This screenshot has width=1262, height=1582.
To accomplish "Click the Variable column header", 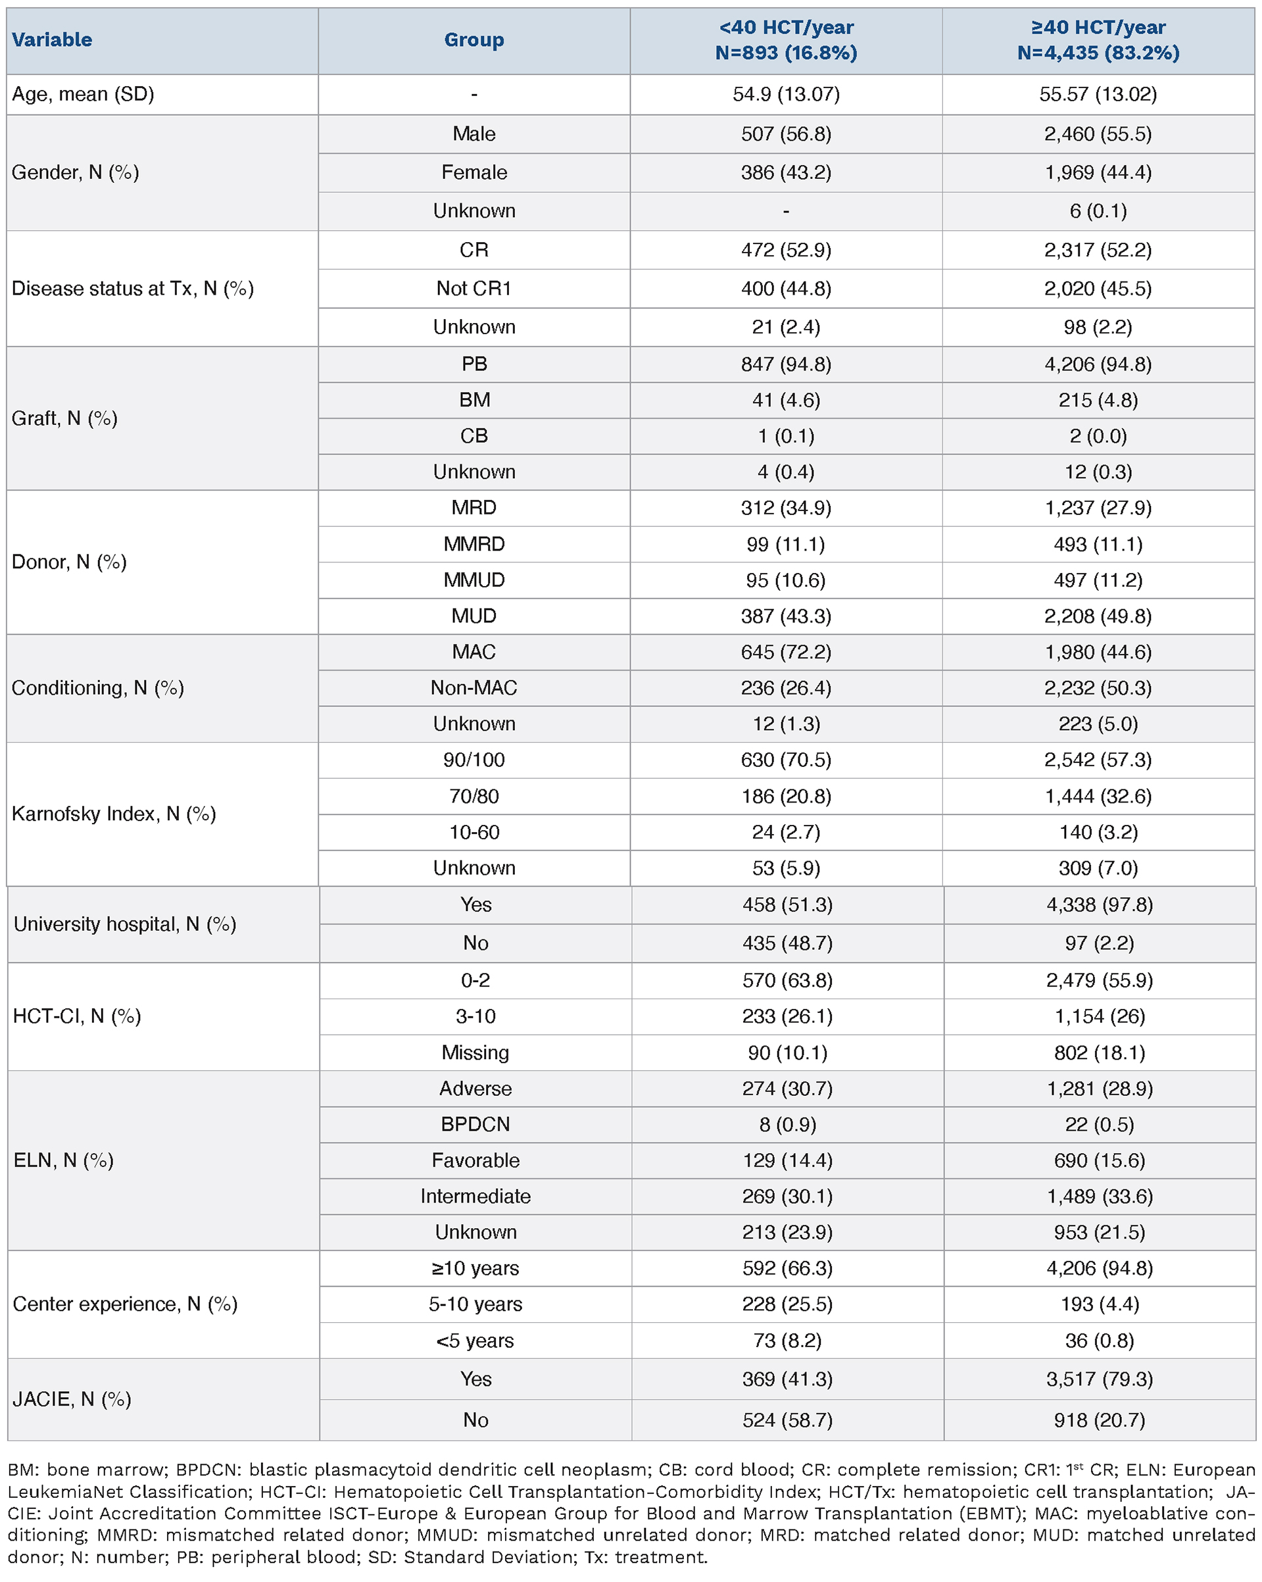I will (x=52, y=39).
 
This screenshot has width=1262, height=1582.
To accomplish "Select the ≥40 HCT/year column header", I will (x=1098, y=39).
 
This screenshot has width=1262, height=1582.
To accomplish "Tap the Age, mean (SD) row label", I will (x=83, y=94).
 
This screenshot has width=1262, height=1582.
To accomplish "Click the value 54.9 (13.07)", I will (x=786, y=94).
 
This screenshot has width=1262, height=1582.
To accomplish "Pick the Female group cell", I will (x=474, y=172).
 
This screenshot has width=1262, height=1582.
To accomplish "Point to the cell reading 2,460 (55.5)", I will (x=1098, y=134).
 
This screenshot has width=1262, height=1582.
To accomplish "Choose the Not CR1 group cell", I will (x=474, y=288).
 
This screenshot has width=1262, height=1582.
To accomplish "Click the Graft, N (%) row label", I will (x=64, y=418).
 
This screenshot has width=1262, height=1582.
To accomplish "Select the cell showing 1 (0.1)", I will (x=786, y=436).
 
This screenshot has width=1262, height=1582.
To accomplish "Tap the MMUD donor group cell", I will (x=474, y=580).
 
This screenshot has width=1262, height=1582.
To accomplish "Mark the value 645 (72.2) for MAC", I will (x=786, y=652).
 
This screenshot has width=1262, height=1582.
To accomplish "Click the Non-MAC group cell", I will (x=474, y=687).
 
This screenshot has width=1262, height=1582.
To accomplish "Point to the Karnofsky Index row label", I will (x=114, y=814).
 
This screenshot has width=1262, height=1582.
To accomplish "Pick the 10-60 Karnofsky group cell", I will (x=474, y=832).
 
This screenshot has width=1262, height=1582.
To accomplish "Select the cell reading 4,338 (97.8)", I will (x=1099, y=904).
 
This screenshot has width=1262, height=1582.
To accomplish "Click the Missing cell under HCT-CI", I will (x=475, y=1052).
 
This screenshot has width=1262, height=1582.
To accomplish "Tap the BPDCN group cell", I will (x=475, y=1124).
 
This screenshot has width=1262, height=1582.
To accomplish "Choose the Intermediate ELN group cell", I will (x=475, y=1196).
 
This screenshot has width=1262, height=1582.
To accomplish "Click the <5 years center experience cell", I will (x=475, y=1341).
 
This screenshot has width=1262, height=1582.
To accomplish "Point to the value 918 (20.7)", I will (x=1099, y=1420).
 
